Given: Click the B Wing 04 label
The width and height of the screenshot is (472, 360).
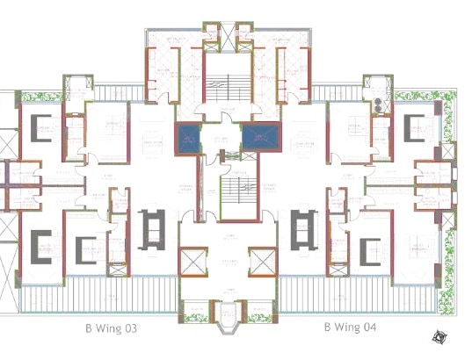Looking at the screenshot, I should click(x=350, y=328).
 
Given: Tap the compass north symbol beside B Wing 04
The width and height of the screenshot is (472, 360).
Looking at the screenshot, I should click(x=439, y=335).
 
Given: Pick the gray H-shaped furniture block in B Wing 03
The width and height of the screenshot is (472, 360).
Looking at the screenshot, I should click(x=150, y=229).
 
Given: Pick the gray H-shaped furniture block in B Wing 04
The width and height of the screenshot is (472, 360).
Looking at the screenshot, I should click(x=302, y=229).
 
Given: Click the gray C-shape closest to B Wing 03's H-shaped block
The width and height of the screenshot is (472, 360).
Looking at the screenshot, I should click(x=85, y=250).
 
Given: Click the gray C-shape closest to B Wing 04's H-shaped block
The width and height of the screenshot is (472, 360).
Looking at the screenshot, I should click(x=367, y=249).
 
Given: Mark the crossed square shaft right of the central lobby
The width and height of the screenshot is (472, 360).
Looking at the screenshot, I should click(x=261, y=263).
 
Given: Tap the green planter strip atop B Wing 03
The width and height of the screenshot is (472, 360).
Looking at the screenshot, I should click(x=35, y=96).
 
